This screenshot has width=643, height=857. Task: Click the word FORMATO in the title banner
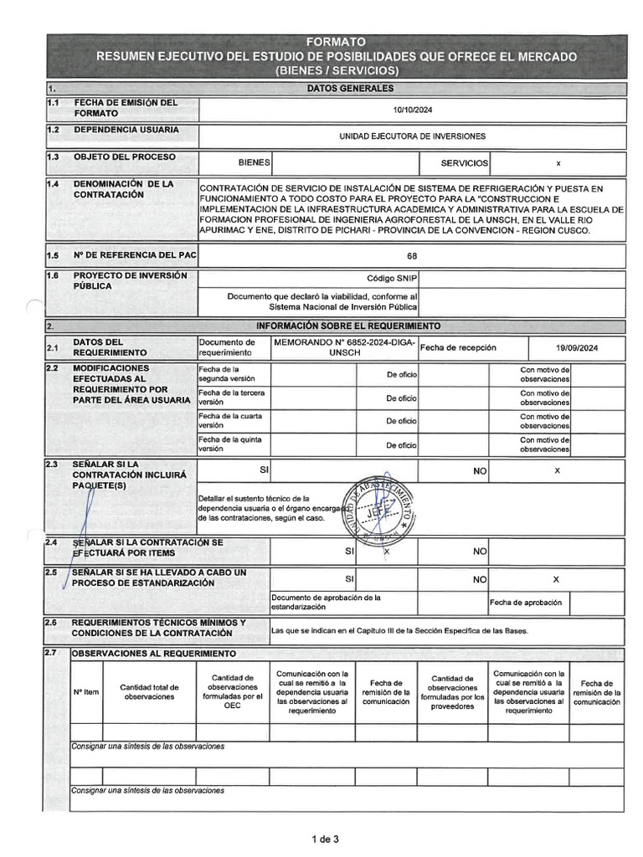[335, 42]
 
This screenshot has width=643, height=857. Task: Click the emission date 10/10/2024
[412, 110]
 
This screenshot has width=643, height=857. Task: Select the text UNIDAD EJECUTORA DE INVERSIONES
[412, 136]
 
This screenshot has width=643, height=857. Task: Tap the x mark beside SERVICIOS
[558, 163]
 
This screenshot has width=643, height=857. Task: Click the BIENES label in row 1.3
[254, 163]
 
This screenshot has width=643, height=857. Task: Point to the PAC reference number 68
[412, 256]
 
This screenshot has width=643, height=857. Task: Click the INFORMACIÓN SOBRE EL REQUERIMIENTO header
[347, 326]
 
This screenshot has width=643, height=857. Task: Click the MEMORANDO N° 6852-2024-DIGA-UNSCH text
[344, 348]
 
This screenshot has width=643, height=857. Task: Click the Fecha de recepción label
[458, 347]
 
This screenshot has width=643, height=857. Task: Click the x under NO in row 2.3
[557, 471]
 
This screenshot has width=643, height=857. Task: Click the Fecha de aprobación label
[526, 603]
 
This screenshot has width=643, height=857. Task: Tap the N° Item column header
[86, 691]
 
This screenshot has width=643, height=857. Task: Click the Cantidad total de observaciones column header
[150, 691]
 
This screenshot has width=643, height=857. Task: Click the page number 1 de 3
[325, 839]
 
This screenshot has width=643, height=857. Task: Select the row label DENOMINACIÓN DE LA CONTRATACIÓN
[124, 189]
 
